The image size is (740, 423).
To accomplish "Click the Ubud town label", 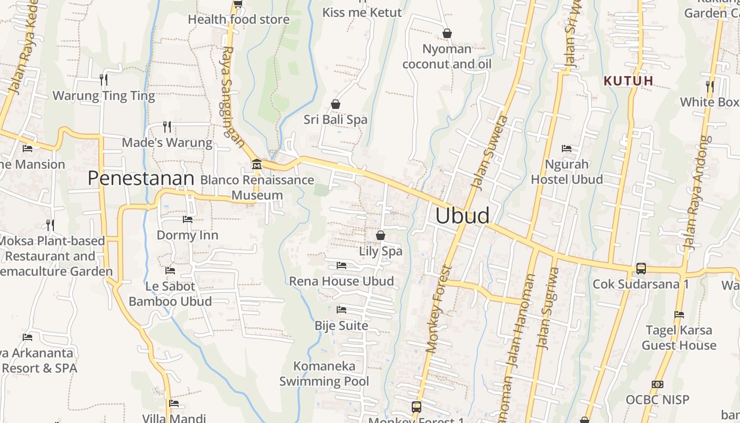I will [x=462, y=216].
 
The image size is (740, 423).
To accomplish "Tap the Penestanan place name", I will [x=141, y=178].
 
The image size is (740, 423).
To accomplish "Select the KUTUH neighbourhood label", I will [x=628, y=81].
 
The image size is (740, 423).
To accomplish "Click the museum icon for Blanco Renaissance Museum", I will [x=257, y=164].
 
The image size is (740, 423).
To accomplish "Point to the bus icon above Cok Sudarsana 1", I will [x=641, y=269].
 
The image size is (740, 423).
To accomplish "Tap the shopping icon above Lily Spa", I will [x=381, y=235].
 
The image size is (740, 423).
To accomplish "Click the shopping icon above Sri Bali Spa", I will [x=335, y=104].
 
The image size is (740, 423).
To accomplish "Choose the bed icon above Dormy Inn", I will [x=188, y=219].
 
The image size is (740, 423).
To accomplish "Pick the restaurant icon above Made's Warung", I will [x=167, y=127].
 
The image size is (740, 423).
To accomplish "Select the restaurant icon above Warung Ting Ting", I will [x=104, y=80].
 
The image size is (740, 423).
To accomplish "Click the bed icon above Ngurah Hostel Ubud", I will [x=567, y=149].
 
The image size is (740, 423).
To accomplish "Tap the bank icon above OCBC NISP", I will [x=658, y=384].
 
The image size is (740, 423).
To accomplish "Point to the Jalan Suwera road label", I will [x=489, y=153].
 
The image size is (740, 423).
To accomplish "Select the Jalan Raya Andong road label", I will [x=697, y=193].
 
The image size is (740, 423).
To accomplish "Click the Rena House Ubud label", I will [x=341, y=281].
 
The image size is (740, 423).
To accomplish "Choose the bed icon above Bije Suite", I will [x=341, y=309].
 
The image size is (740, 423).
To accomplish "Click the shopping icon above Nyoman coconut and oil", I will [x=447, y=34].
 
